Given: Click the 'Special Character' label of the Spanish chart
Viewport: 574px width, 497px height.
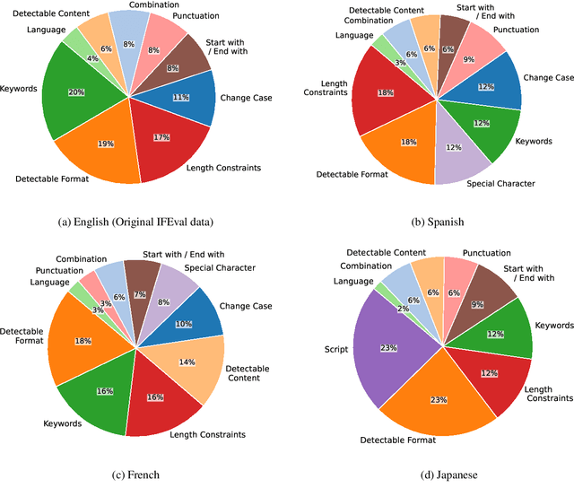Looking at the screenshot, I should [x=502, y=184].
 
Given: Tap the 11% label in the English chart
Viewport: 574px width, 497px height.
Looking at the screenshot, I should [x=179, y=97].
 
